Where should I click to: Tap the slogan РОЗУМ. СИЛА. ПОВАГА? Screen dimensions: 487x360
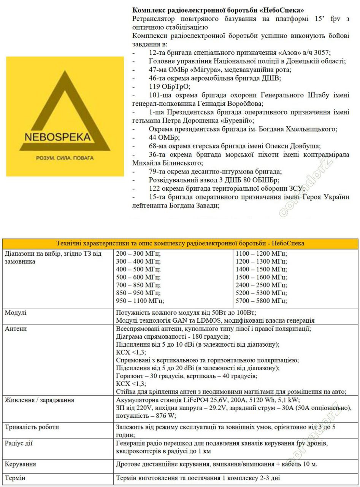(x=65, y=158)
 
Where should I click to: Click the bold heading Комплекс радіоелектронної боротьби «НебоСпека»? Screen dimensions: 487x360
(x=218, y=10)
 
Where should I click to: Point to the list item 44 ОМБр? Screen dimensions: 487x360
(x=164, y=137)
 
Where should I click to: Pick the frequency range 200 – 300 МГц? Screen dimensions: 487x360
(x=138, y=254)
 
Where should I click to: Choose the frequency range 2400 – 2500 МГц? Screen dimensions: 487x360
(x=261, y=285)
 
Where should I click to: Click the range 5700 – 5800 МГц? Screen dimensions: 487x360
(x=261, y=301)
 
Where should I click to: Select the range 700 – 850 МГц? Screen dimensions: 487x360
(x=138, y=285)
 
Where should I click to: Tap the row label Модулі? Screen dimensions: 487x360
(x=16, y=313)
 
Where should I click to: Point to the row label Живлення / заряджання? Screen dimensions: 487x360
(x=39, y=400)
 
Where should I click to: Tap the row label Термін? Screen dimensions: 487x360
(x=15, y=478)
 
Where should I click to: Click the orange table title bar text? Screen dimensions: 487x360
(x=180, y=243)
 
